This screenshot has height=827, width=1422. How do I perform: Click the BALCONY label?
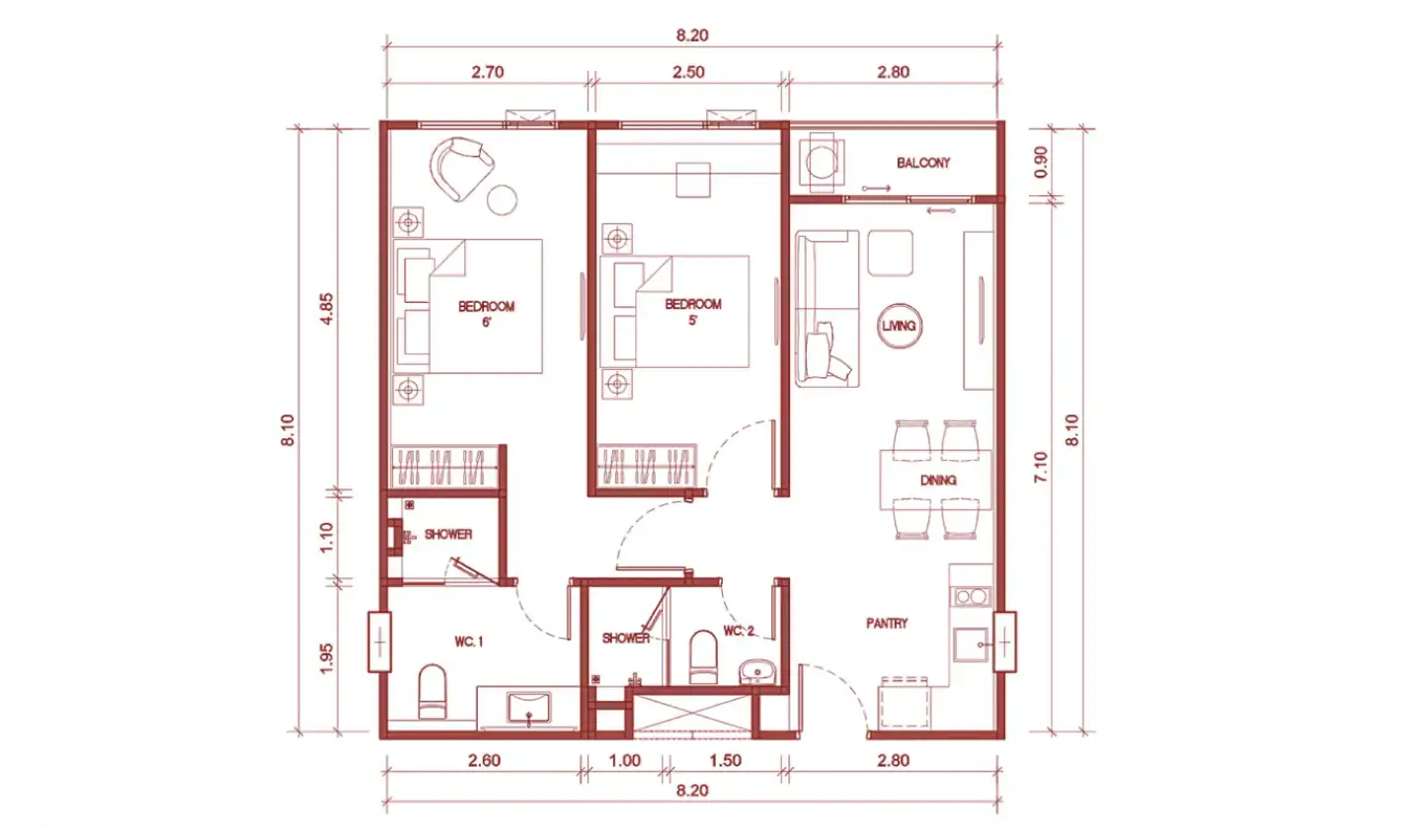tap(923, 163)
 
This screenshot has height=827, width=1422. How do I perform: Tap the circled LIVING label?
tap(899, 326)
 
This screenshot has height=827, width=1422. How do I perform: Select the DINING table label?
tap(938, 481)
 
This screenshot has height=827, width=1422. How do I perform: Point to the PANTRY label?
tap(887, 624)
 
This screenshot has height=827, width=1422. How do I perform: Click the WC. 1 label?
tap(468, 642)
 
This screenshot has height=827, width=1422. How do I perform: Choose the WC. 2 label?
tap(739, 631)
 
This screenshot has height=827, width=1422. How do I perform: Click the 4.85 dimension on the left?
tap(327, 309)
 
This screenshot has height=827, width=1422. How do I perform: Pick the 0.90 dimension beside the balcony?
tap(1041, 163)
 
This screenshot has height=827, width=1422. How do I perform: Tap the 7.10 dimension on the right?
tap(1041, 467)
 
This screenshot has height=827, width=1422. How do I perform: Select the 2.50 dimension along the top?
tap(689, 72)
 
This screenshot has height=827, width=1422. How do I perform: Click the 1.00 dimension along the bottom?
tap(625, 760)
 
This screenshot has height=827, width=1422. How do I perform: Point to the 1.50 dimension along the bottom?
tap(725, 760)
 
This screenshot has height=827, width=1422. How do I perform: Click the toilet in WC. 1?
tap(433, 691)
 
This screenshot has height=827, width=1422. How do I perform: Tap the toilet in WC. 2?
tap(703, 656)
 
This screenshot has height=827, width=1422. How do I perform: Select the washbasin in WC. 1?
tap(529, 708)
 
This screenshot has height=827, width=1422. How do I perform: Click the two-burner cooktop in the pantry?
tap(972, 597)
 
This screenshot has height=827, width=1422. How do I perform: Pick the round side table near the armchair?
tap(502, 199)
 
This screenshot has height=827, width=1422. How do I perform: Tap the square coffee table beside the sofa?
tap(890, 253)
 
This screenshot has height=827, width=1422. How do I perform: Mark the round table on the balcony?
tap(822, 163)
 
